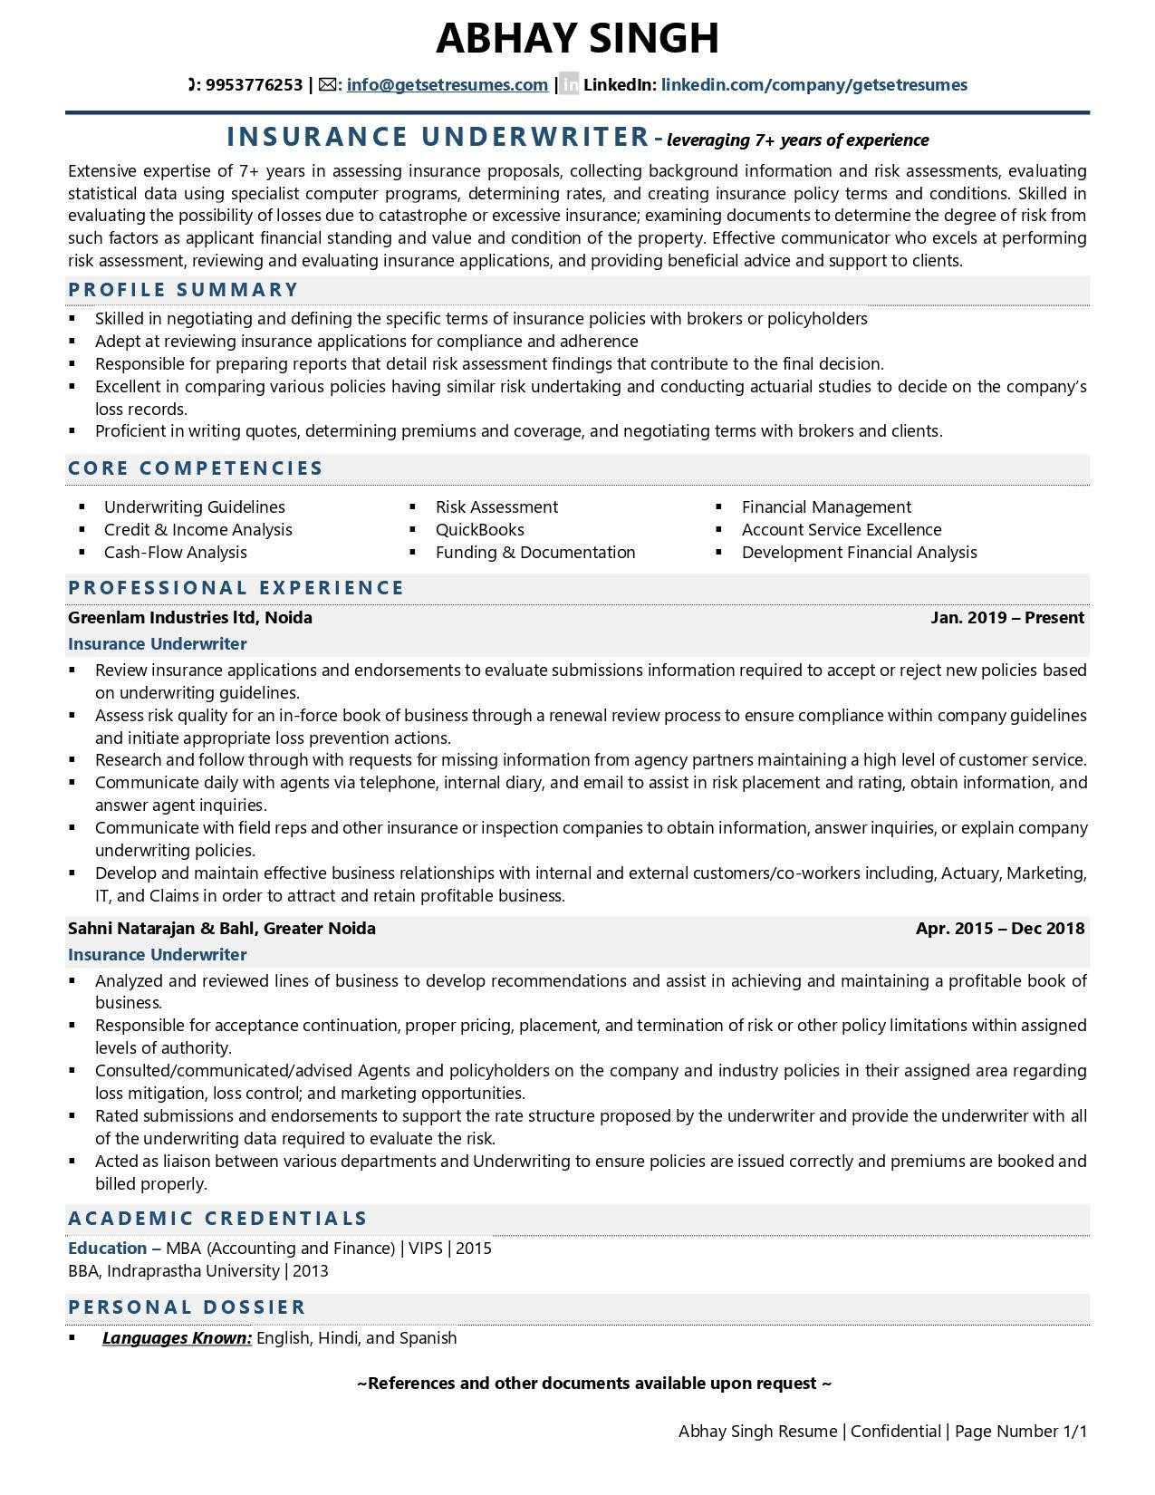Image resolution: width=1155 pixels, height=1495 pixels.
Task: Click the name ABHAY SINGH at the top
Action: coord(577,38)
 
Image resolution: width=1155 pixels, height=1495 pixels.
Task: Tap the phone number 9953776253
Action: coord(254,85)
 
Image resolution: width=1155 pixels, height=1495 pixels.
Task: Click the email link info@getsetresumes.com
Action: coord(447,85)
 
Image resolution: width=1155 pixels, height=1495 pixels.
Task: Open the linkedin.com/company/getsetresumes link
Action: coord(813,85)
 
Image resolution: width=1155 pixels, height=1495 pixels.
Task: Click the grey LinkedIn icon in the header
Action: coord(570,85)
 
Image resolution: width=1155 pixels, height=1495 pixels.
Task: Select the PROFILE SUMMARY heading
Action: coord(183,290)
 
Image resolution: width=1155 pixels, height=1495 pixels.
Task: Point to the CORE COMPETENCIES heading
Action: coord(196,468)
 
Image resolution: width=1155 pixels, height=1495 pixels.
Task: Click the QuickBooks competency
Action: coord(479,530)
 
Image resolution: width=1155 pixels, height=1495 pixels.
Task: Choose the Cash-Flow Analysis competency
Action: coord(175,553)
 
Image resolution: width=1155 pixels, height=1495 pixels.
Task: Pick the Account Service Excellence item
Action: coord(842,530)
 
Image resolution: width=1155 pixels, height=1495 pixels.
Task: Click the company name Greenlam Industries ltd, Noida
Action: coord(190,618)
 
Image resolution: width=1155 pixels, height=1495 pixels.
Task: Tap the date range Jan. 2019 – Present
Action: coord(1006,618)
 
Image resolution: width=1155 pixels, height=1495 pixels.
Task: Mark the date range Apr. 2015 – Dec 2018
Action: coord(999,929)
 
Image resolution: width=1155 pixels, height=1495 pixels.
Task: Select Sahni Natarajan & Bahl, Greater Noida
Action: coord(222,929)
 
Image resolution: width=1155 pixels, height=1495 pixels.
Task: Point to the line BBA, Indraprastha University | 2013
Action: coord(198,1271)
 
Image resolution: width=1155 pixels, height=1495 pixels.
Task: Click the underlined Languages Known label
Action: coord(177,1338)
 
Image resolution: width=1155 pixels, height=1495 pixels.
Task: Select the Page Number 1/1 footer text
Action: coord(1020,1432)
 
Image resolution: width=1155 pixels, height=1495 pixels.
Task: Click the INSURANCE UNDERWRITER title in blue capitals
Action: coord(438,137)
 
